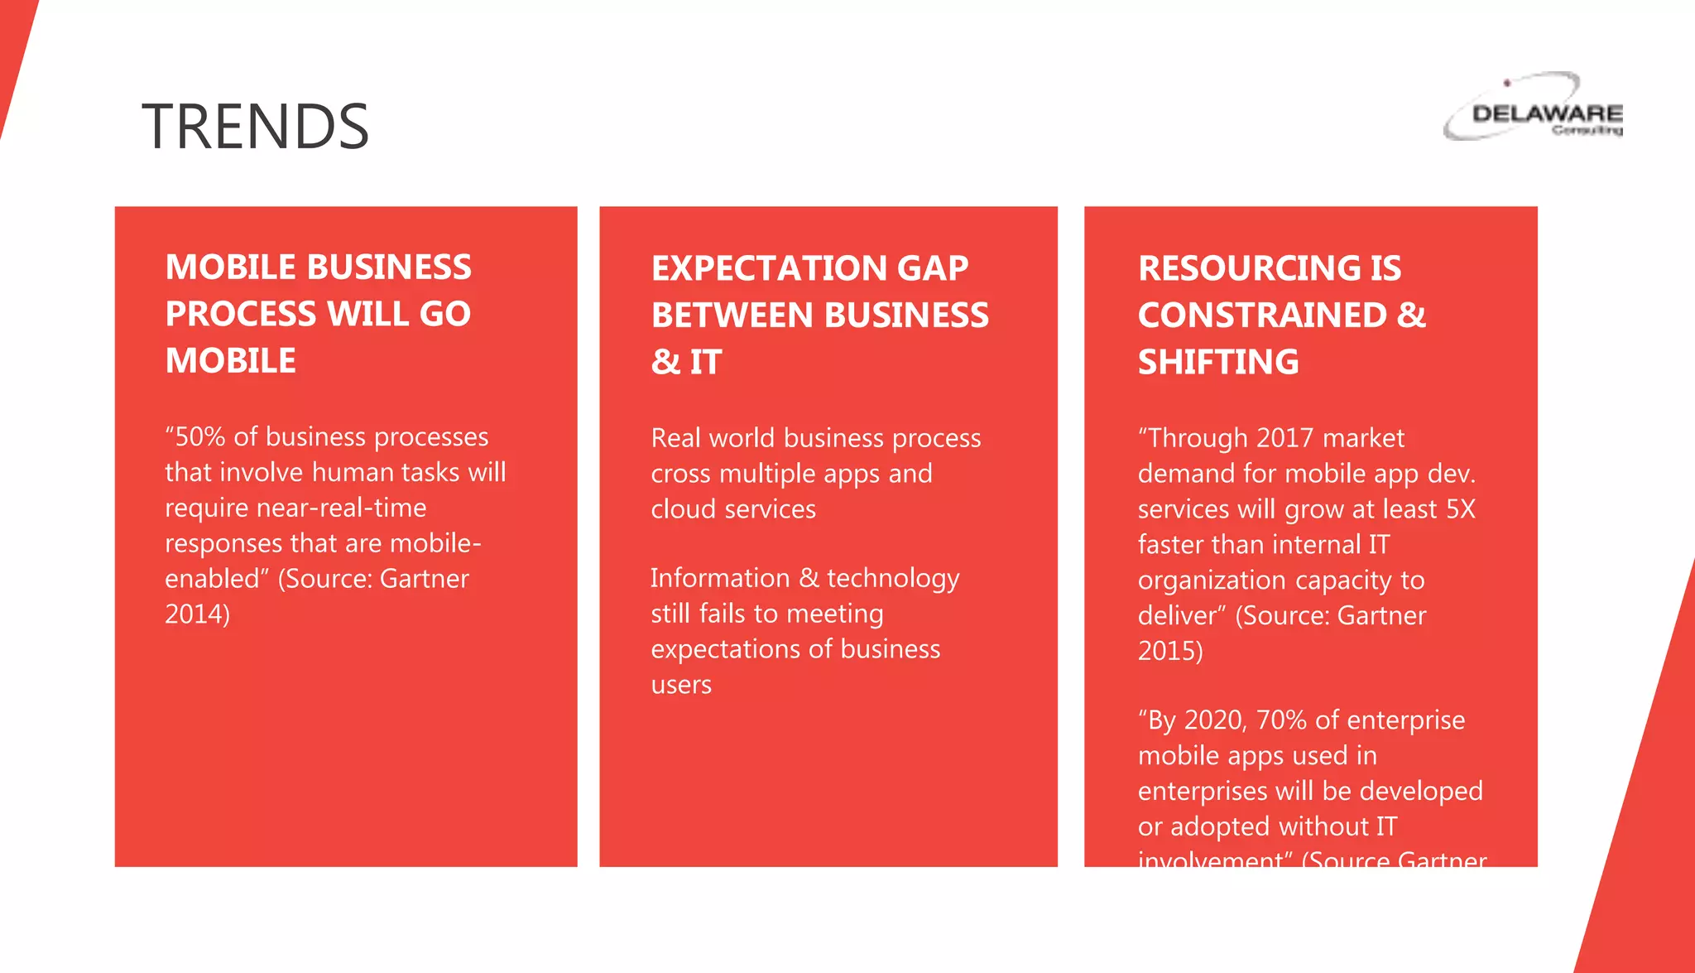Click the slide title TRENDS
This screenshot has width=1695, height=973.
click(255, 127)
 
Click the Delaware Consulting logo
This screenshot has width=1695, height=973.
click(1534, 108)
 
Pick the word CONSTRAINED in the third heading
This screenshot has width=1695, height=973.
click(1262, 316)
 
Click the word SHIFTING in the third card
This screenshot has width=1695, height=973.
click(1218, 362)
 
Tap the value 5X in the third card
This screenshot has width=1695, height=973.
click(1461, 508)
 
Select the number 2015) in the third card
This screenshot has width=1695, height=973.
click(1170, 651)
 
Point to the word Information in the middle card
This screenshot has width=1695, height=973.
click(720, 578)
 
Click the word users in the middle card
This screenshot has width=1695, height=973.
click(681, 685)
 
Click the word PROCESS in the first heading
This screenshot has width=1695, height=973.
click(241, 314)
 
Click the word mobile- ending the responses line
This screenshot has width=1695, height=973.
click(435, 543)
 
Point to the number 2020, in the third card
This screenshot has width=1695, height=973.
click(1216, 720)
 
